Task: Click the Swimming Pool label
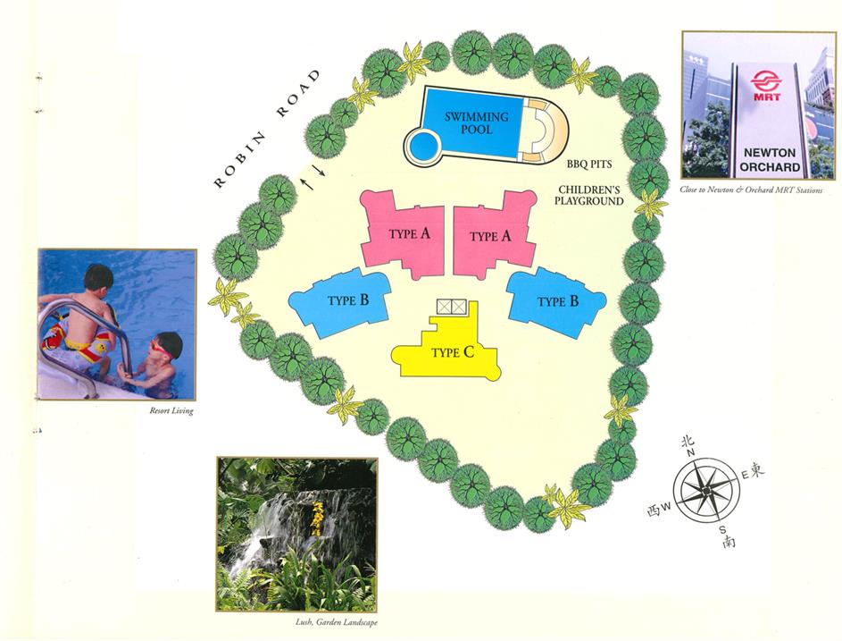(477, 123)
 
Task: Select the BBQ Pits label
(587, 164)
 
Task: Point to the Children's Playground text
(589, 196)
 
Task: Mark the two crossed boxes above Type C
(450, 307)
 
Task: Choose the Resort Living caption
(172, 411)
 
